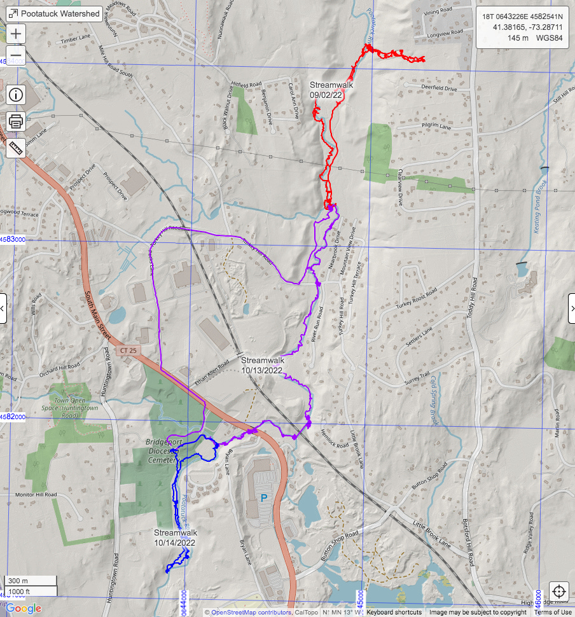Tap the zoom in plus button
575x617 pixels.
tap(16, 33)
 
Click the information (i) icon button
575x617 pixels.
tap(16, 95)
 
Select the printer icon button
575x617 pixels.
tap(16, 121)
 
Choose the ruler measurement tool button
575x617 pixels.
tap(16, 147)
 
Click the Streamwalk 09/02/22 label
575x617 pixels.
tap(331, 90)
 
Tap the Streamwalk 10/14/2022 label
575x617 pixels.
tap(174, 537)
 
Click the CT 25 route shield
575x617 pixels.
tap(127, 350)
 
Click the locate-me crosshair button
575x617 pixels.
tap(559, 591)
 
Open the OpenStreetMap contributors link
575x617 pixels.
tap(251, 613)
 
